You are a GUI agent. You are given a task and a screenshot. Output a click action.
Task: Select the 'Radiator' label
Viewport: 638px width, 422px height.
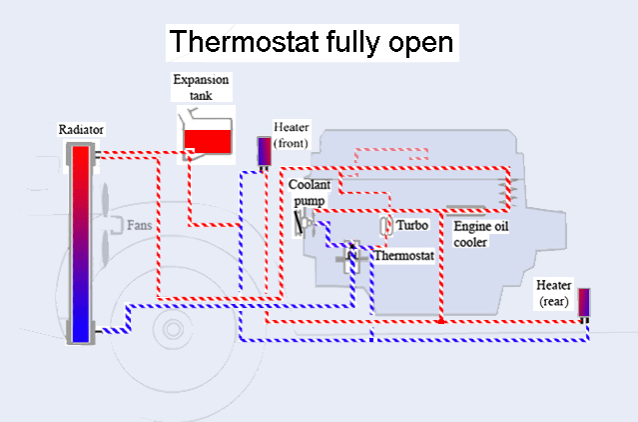[82, 130]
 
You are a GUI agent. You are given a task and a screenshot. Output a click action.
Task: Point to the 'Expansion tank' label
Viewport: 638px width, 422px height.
[201, 87]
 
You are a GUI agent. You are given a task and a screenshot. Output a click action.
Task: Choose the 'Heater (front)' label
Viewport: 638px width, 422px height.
[291, 136]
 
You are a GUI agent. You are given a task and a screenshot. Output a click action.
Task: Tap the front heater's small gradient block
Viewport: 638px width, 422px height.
[264, 151]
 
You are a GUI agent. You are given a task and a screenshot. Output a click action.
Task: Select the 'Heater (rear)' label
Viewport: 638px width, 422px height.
[554, 293]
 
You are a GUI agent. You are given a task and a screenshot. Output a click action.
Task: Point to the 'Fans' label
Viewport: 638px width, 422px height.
[140, 226]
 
